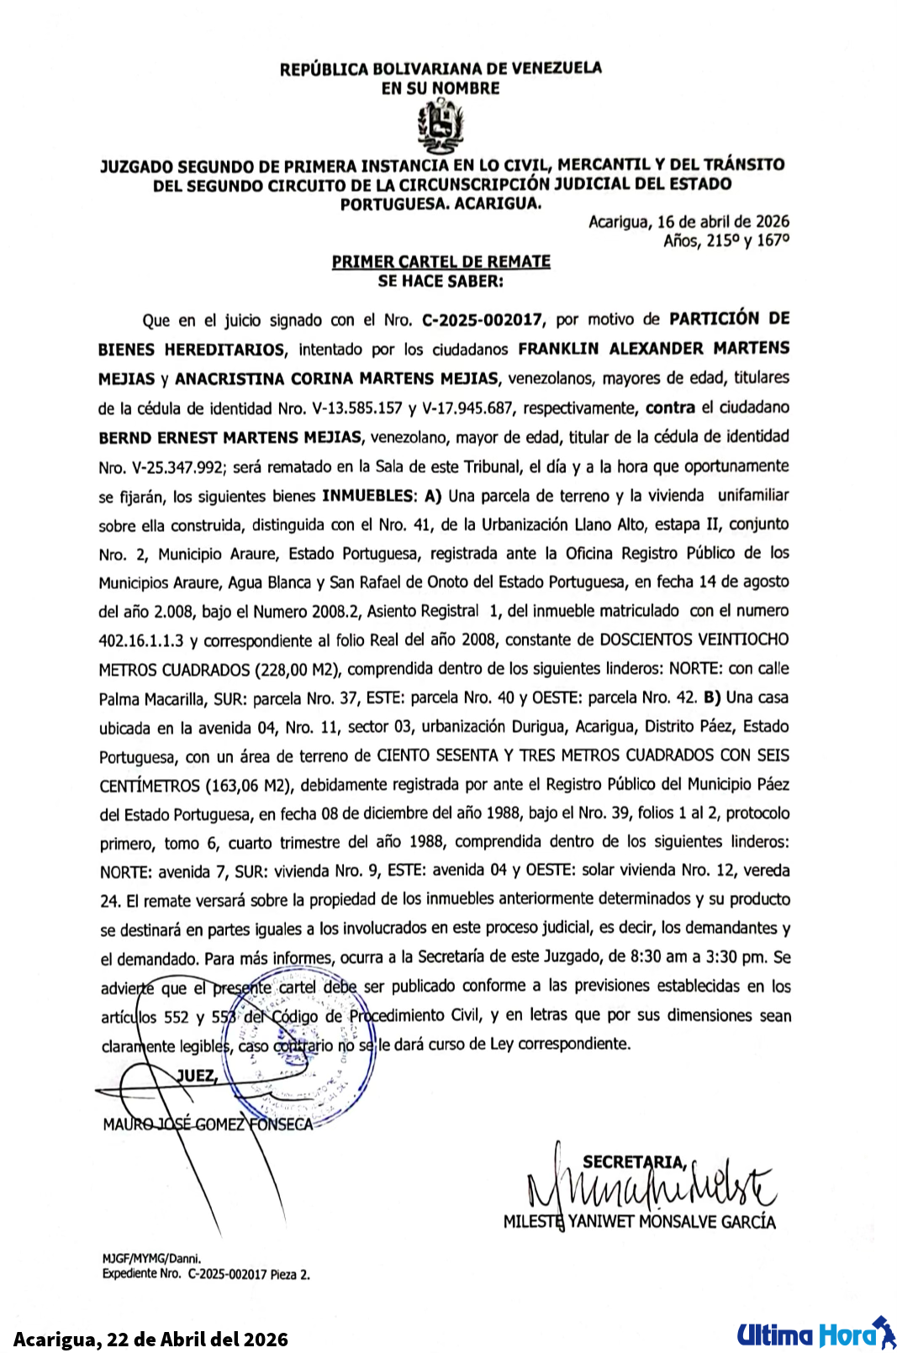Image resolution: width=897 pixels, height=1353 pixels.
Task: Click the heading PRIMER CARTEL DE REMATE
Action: point(441,261)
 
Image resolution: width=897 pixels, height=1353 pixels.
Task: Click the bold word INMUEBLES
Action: point(368,496)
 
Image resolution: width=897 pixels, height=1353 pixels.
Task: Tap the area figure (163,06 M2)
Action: point(249,786)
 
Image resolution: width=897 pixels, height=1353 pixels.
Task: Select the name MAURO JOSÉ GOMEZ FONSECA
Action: point(208,1124)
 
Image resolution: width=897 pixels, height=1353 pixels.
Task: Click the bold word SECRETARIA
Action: point(635,1162)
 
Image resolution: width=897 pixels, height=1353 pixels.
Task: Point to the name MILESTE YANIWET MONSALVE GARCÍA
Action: point(639,1222)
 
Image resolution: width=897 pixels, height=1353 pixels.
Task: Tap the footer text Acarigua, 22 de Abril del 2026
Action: point(151,1339)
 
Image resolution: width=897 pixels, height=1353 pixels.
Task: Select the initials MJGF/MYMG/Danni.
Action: point(151,1259)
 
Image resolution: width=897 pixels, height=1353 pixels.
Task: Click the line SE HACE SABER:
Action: point(441,282)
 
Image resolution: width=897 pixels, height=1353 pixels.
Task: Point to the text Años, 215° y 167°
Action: point(726,241)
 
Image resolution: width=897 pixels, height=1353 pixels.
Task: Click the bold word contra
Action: point(669,408)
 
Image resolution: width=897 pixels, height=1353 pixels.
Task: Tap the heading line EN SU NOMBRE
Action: point(441,88)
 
